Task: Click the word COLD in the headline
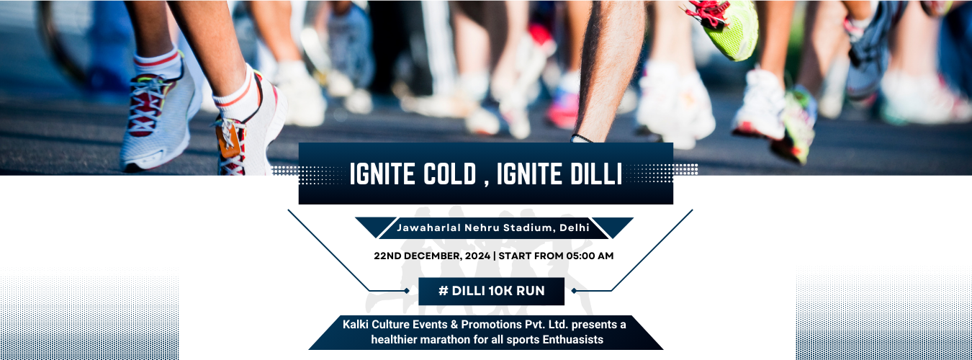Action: tap(449, 174)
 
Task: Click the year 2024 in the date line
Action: tap(477, 256)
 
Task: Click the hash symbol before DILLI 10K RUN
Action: tap(443, 291)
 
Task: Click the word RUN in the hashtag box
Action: tap(530, 291)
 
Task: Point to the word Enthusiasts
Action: tap(573, 339)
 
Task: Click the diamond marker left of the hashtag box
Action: tap(407, 291)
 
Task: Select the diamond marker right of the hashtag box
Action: tap(574, 291)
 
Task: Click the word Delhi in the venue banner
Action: tap(575, 228)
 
